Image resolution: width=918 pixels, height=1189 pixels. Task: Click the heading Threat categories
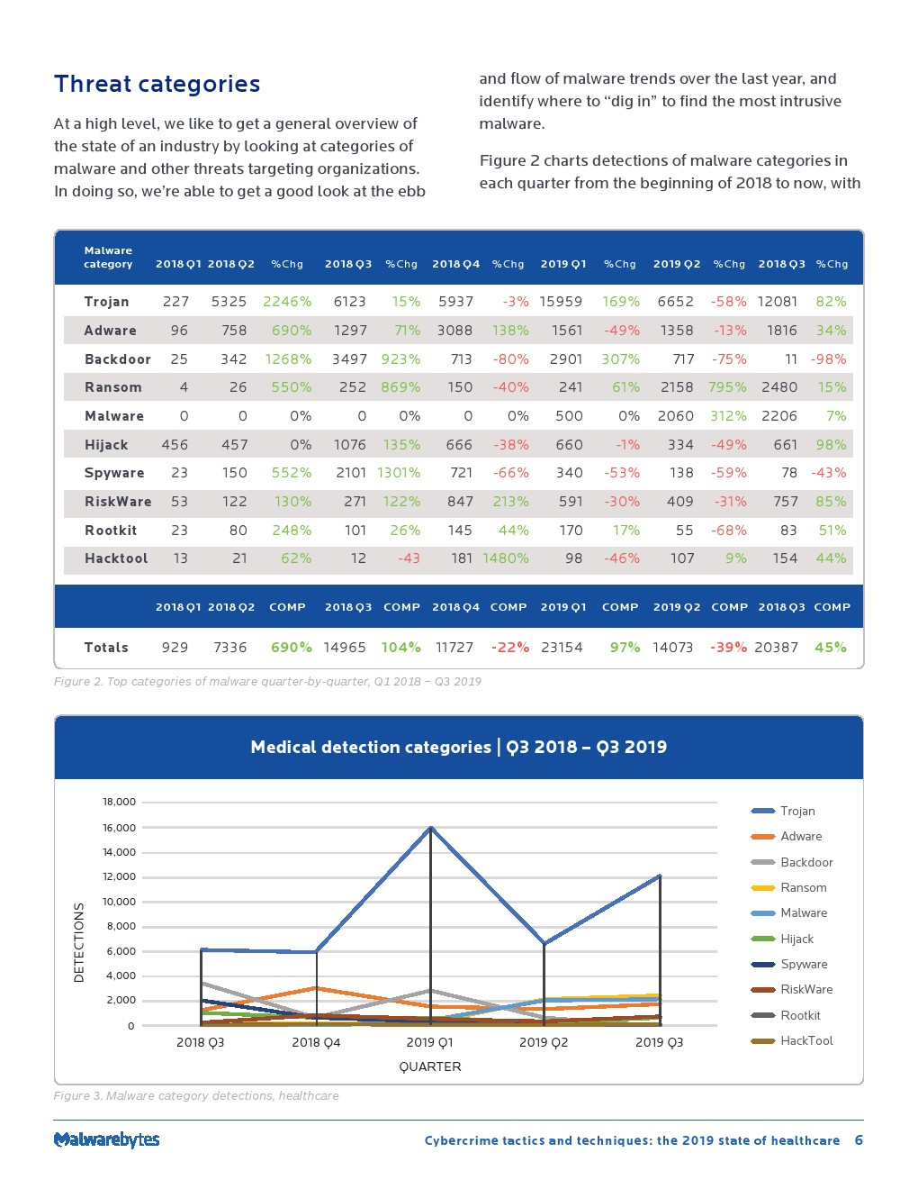(x=157, y=84)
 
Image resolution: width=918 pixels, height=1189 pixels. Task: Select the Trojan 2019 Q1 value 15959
(x=561, y=302)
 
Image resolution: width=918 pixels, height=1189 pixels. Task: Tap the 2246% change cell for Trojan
(x=287, y=302)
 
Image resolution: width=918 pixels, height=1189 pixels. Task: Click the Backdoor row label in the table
(x=117, y=359)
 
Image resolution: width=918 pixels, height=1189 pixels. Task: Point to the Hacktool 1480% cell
(x=505, y=558)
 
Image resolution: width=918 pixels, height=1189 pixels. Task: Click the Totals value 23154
(x=562, y=648)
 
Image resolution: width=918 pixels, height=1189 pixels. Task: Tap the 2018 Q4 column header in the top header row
(x=455, y=264)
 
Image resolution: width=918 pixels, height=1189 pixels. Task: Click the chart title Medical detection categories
(x=458, y=747)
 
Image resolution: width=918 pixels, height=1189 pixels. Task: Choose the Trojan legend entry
(x=796, y=811)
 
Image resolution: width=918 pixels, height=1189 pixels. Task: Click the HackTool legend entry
(x=805, y=1040)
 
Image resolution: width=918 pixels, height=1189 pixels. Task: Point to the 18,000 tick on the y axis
(x=119, y=802)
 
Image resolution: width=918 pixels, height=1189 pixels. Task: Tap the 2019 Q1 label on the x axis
(x=429, y=1042)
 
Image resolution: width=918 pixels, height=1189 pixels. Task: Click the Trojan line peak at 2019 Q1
(x=431, y=827)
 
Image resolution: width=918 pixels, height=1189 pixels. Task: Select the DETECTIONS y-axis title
(x=79, y=942)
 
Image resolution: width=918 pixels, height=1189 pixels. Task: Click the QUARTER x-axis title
(x=429, y=1066)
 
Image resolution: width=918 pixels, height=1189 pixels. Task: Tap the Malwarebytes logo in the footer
(x=106, y=1139)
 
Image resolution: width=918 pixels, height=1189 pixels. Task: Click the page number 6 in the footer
(x=859, y=1140)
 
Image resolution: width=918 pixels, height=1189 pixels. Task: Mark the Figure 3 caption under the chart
(x=196, y=1096)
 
